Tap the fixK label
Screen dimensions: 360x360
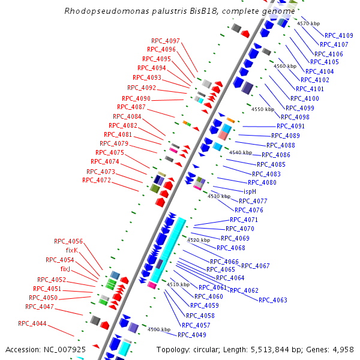71,250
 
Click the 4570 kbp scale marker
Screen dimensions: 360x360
308,23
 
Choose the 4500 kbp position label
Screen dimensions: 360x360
159,329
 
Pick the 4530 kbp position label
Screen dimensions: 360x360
218,196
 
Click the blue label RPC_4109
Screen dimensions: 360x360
338,35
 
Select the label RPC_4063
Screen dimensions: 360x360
273,300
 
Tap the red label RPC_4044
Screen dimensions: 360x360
32,323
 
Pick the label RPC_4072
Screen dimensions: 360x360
97,180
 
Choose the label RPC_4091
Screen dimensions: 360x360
290,126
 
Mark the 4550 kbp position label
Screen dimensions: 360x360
262,109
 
